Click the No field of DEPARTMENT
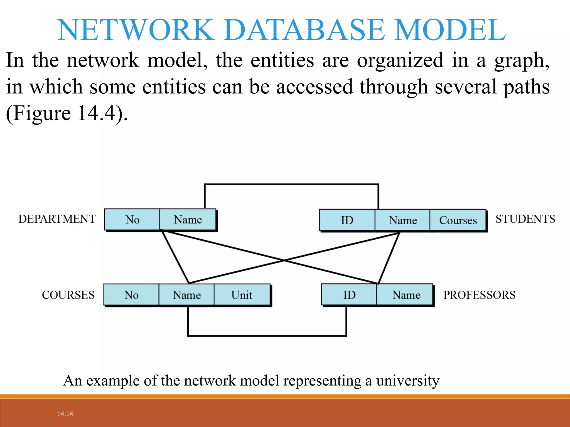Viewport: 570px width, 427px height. (132, 220)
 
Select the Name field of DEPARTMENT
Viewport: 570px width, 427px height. (188, 220)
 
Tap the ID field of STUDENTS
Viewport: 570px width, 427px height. (347, 220)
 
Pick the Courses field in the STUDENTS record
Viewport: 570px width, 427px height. (458, 220)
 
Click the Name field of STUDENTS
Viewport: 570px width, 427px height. (403, 220)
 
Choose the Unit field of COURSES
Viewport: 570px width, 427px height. (242, 295)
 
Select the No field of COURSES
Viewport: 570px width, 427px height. (131, 295)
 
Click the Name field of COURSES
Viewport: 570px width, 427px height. (187, 295)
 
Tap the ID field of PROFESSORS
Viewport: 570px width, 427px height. (349, 295)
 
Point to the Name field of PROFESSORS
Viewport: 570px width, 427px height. (406, 295)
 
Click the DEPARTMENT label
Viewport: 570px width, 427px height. (57, 219)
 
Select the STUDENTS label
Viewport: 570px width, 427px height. (525, 219)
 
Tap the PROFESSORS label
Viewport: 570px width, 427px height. (479, 295)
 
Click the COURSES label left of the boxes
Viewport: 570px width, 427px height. (68, 295)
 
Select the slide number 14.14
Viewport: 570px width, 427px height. (65, 414)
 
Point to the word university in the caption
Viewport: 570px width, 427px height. (408, 381)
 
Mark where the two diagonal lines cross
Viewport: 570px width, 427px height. (284, 260)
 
